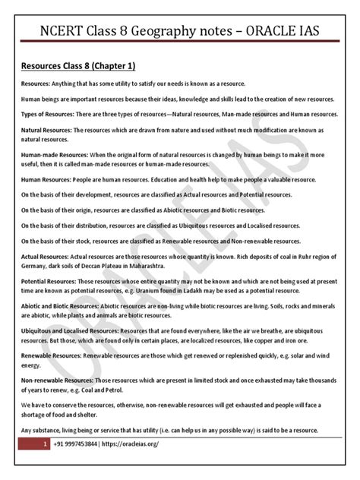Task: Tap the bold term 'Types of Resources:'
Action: tap(46, 113)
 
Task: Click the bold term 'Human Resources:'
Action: tap(45, 179)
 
